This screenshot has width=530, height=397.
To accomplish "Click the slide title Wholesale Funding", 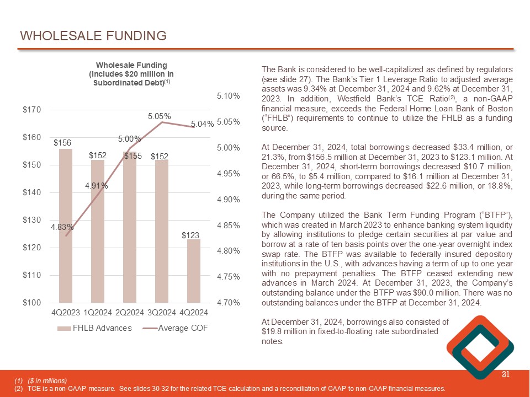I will click(93, 36).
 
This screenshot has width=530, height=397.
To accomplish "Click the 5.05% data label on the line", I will click(159, 116).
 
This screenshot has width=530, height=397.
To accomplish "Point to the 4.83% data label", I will click(62, 227).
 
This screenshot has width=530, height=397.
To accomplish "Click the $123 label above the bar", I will click(190, 235).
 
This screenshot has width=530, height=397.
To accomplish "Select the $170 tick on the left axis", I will click(31, 110).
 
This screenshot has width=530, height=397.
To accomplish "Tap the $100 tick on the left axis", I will click(31, 303).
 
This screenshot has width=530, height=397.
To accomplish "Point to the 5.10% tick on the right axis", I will click(228, 96).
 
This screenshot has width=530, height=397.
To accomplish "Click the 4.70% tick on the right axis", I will click(228, 303).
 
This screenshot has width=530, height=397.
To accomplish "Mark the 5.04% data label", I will click(203, 125).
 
